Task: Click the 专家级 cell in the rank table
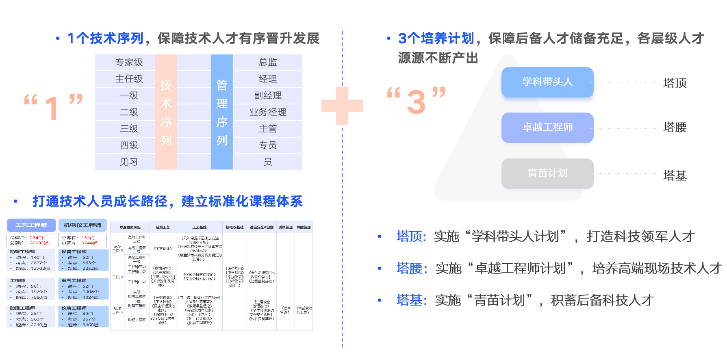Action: [129, 62]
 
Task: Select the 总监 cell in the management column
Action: [268, 62]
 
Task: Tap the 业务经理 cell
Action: [268, 112]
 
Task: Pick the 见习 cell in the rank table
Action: [129, 162]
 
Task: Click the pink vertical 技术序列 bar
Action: [166, 112]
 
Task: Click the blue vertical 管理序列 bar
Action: [222, 112]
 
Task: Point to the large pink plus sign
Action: [342, 106]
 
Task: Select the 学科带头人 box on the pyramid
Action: [547, 82]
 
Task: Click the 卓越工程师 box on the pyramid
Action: [547, 128]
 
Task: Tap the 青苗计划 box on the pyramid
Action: [547, 173]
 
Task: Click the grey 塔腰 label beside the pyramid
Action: [675, 128]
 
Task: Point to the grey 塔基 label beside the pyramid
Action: [675, 176]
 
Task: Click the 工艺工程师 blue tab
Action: [31, 225]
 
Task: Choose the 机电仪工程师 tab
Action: [82, 225]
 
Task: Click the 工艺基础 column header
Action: [199, 228]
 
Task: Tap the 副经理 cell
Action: [268, 95]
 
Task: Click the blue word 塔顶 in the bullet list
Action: [410, 236]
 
